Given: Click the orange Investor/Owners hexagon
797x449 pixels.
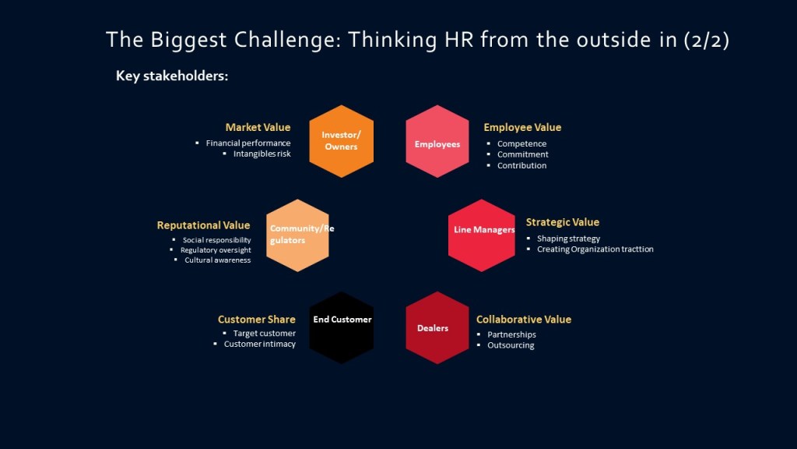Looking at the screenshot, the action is click(341, 141).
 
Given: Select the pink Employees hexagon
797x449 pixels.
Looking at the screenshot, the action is click(437, 141).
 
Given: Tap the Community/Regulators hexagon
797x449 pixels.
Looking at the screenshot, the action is click(297, 235).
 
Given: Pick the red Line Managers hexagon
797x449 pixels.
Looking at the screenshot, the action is click(481, 235).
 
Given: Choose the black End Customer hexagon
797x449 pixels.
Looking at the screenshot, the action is click(341, 327).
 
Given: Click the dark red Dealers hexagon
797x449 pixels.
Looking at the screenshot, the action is click(437, 327).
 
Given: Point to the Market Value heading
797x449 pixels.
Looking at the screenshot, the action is click(258, 127).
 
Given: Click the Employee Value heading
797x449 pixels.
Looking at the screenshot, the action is click(522, 127).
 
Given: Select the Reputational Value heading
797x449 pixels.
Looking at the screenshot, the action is click(203, 225).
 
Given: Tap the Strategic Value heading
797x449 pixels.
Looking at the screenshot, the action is click(563, 222).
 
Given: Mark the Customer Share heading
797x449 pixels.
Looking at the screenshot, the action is click(257, 319).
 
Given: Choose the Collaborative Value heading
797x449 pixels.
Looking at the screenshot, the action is click(524, 319).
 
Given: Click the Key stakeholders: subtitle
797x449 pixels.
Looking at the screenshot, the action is click(172, 76).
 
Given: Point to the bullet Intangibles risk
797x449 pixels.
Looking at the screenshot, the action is click(262, 154).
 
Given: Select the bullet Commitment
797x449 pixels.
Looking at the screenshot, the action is click(522, 154).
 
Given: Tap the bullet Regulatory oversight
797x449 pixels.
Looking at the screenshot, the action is click(216, 250).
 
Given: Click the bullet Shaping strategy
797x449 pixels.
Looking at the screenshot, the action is click(568, 239).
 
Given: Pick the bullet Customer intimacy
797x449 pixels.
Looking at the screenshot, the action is click(260, 344).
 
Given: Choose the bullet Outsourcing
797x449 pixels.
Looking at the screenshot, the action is click(511, 345).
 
